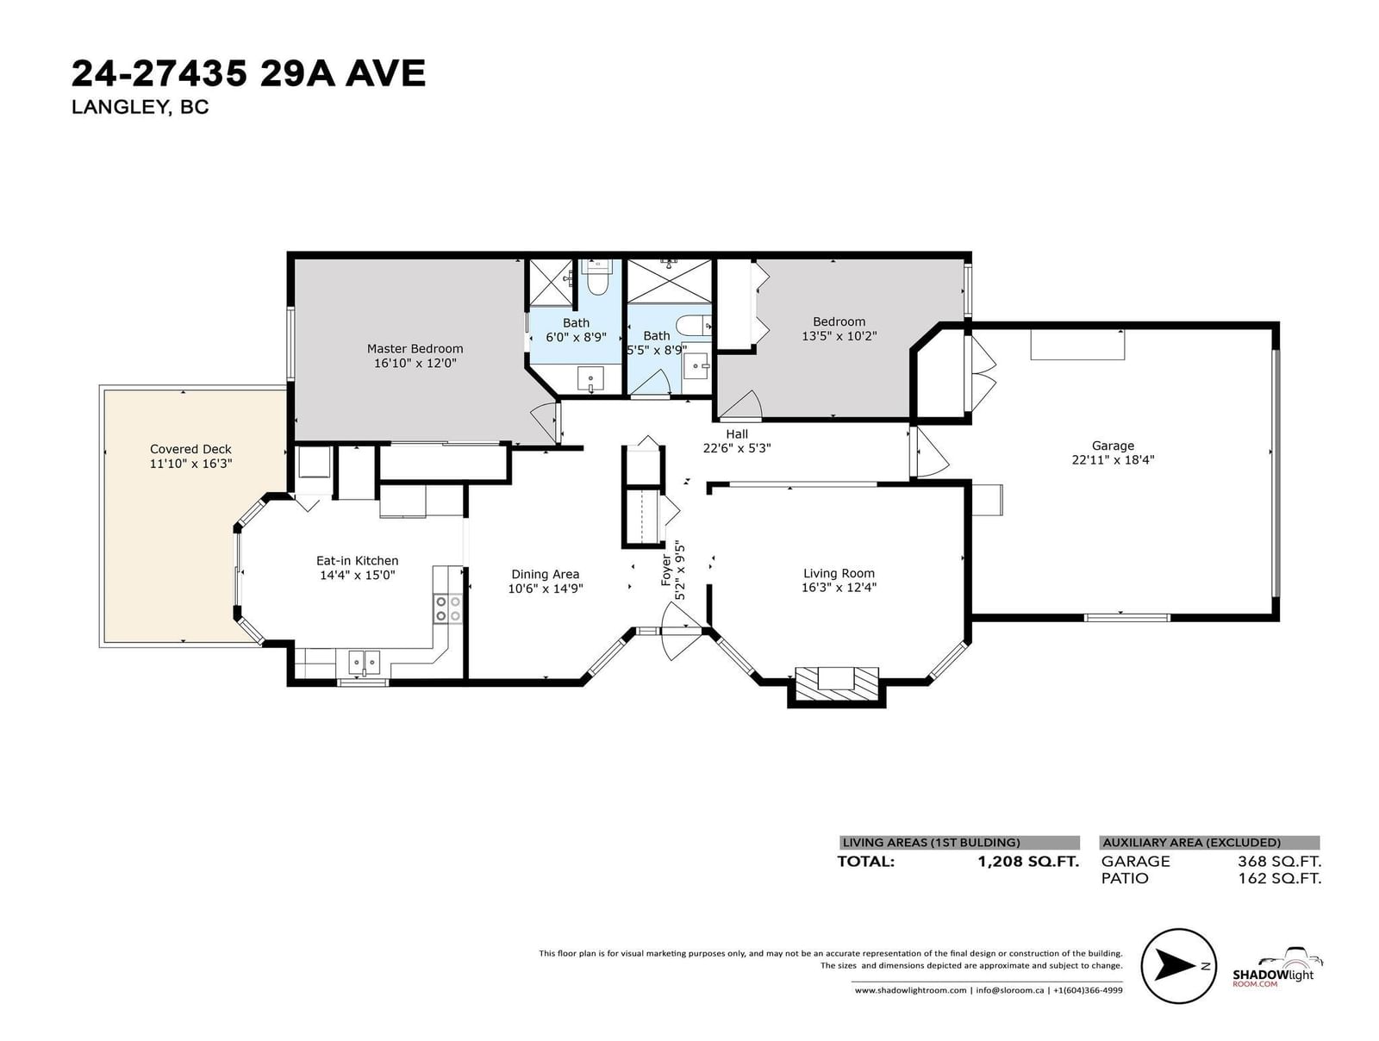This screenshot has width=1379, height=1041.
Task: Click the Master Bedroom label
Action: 415,348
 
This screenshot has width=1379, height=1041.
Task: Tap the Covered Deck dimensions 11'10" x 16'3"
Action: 191,464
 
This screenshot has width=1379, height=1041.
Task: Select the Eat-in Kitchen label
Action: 357,561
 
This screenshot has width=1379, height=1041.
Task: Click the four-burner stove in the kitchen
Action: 448,608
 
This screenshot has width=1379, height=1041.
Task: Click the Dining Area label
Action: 546,574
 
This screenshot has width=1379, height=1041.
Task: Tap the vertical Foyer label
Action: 666,570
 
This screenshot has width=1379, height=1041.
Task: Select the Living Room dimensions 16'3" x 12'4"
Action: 839,588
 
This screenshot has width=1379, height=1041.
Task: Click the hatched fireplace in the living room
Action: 837,683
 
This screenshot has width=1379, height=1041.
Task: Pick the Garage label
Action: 1113,446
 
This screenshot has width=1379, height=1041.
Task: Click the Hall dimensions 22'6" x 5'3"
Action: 737,448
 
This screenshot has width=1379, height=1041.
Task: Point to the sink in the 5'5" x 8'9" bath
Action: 696,364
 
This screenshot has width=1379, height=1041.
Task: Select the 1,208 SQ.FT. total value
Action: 1028,861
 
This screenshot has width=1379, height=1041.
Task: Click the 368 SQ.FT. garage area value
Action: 1279,861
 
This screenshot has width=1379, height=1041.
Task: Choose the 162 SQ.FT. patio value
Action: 1280,878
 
